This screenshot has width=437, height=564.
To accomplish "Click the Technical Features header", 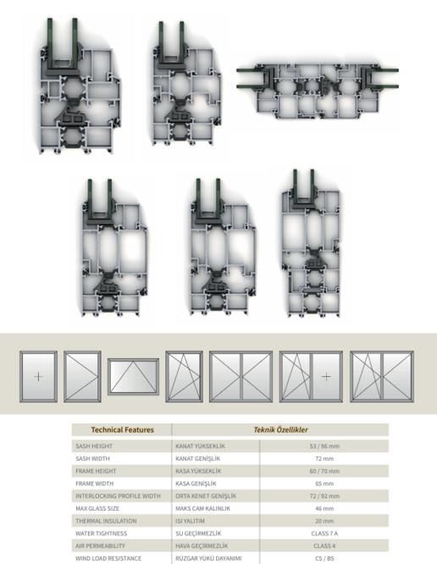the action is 122,430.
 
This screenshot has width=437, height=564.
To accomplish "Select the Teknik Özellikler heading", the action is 280,430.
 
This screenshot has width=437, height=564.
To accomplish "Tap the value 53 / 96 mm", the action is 324,446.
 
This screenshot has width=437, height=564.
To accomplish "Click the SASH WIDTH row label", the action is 93,459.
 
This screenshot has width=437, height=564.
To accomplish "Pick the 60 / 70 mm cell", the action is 324,471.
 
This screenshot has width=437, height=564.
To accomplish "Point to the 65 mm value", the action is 324,484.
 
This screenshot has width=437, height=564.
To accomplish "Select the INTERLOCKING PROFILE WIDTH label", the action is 118,496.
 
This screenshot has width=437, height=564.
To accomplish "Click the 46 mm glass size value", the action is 324,509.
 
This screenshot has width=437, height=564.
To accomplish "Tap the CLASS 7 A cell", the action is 324,534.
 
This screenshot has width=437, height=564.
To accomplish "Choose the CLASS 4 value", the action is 324,546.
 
